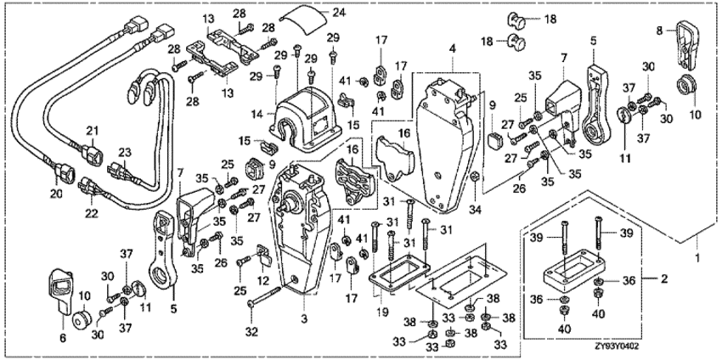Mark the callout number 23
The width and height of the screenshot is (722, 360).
click(x=124, y=152)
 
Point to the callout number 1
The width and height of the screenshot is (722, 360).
click(x=698, y=255)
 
